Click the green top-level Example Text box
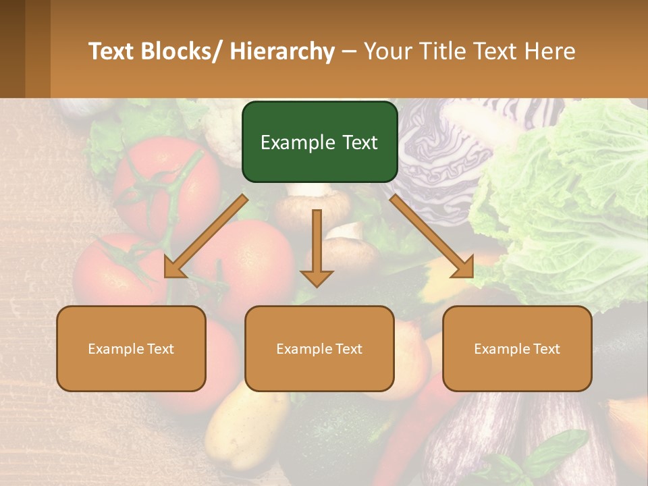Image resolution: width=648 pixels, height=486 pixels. click(319, 142)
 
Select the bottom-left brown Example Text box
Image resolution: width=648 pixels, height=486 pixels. click(131, 348)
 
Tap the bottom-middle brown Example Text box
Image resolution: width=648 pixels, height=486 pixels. click(319, 348)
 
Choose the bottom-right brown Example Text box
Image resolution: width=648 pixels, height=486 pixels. click(517, 348)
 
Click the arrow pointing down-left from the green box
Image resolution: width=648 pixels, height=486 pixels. click(206, 236)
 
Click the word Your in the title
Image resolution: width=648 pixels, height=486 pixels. click(388, 51)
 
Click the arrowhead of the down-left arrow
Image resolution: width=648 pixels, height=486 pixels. click(173, 268)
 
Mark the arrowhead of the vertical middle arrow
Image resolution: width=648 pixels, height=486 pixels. click(317, 277)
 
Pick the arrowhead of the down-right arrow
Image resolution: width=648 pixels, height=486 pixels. click(464, 268)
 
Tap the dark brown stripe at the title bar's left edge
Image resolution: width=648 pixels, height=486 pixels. click(12, 49)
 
